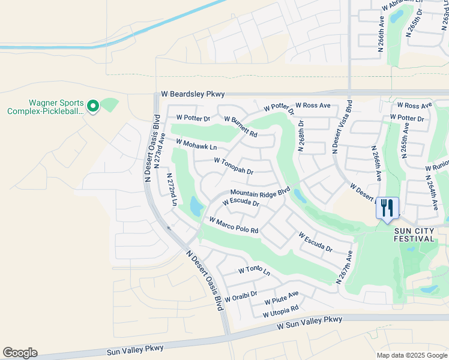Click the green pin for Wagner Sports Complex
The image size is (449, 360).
tap(92, 106)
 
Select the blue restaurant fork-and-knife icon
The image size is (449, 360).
tap(387, 208)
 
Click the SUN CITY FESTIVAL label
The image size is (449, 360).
tap(414, 234)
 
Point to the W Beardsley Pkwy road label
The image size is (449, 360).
tap(193, 94)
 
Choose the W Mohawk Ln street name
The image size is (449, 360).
tap(196, 144)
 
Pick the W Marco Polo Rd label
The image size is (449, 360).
tap(234, 226)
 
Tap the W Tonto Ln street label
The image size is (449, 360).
tap(254, 271)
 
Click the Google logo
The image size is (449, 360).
tap(20, 353)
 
